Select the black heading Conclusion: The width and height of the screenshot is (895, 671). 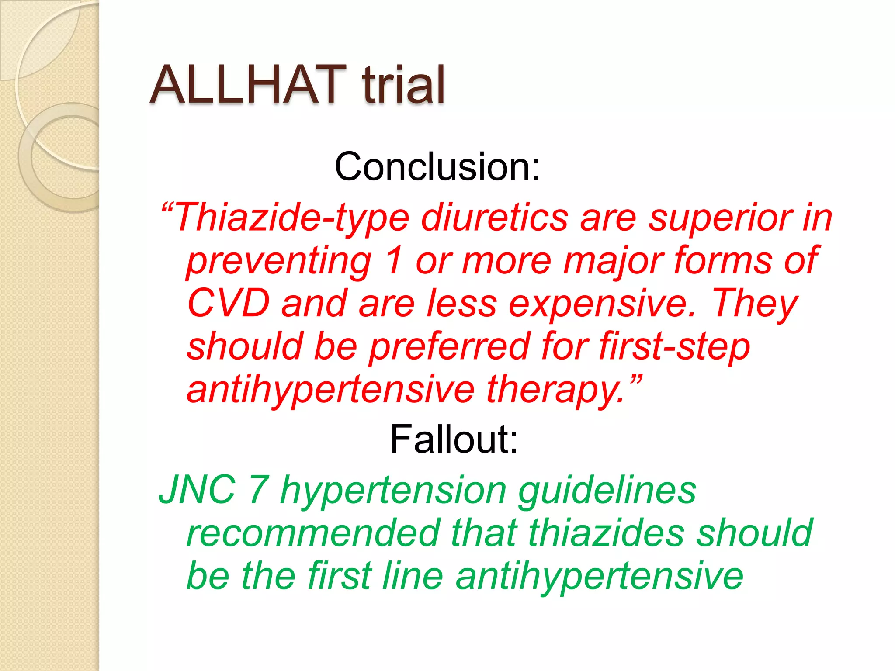437,166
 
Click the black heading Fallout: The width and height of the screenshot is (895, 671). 454,439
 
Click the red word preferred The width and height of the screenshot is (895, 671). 450,346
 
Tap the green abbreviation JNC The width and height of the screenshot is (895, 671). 197,490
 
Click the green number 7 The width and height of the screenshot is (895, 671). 258,490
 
